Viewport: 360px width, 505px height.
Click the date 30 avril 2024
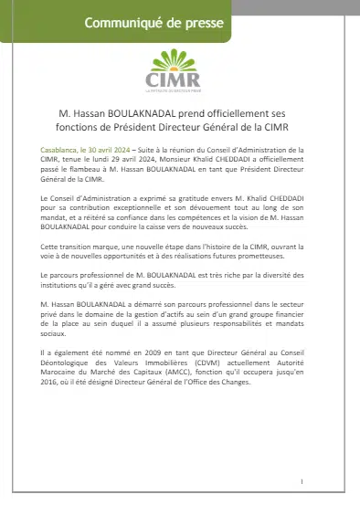point(103,147)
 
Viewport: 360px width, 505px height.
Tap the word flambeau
point(88,165)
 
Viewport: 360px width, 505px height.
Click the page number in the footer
point(302,480)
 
